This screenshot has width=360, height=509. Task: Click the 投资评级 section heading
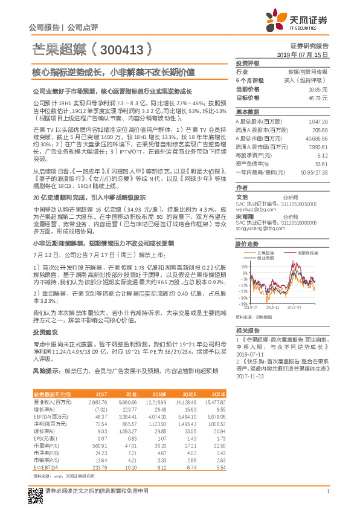coord(247,63)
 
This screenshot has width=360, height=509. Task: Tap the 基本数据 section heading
coord(246,112)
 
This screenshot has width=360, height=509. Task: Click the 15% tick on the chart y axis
coord(243,265)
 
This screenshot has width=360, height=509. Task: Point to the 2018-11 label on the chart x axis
coord(273,307)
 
